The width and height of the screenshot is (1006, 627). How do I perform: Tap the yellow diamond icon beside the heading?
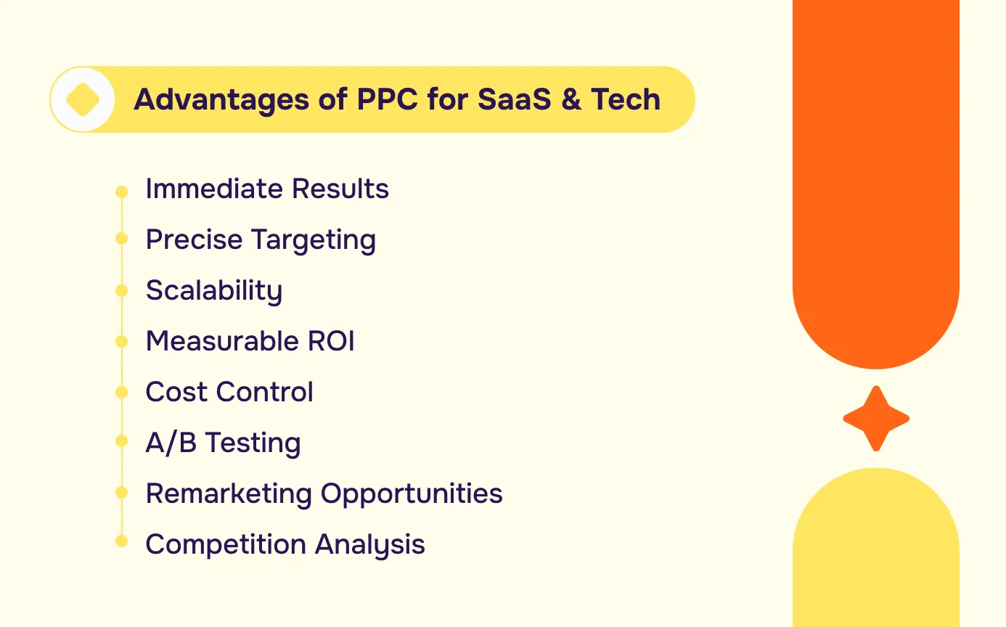[83, 99]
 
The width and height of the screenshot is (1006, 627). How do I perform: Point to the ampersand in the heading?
[571, 99]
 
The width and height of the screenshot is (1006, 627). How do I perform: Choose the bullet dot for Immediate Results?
[121, 192]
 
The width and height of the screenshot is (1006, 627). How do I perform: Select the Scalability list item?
[214, 291]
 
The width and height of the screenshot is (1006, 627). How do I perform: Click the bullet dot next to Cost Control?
[121, 393]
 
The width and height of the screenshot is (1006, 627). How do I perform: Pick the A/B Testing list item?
[223, 443]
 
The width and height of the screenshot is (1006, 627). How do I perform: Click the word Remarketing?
[229, 493]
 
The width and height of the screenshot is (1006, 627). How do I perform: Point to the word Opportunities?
[412, 494]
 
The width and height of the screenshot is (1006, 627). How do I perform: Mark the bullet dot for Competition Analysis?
[121, 541]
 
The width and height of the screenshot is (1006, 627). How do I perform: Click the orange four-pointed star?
[875, 419]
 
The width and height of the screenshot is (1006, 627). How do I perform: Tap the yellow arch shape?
[875, 552]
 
